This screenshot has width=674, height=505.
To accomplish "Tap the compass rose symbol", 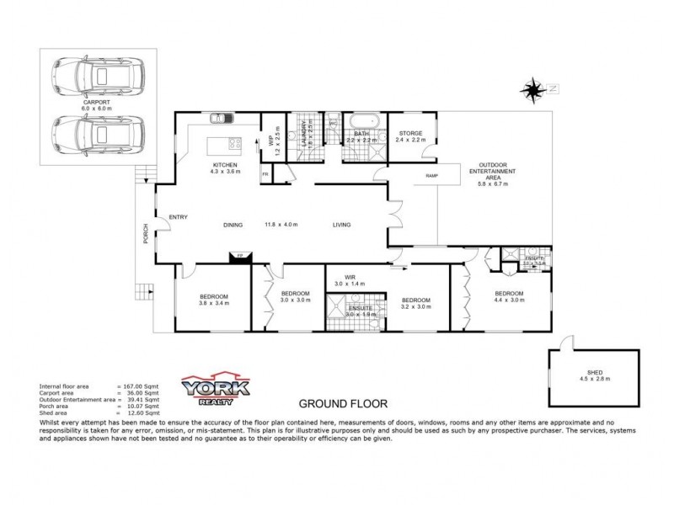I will [532, 88].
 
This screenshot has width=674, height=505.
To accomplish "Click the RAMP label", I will [432, 176].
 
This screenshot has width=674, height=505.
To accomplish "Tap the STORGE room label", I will [411, 133].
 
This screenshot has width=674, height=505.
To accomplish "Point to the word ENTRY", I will [178, 218].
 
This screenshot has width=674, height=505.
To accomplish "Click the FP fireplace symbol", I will [239, 256].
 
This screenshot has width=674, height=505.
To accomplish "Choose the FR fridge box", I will [265, 174].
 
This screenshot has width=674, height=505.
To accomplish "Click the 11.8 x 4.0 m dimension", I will [281, 225].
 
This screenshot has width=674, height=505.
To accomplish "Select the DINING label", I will [233, 225].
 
